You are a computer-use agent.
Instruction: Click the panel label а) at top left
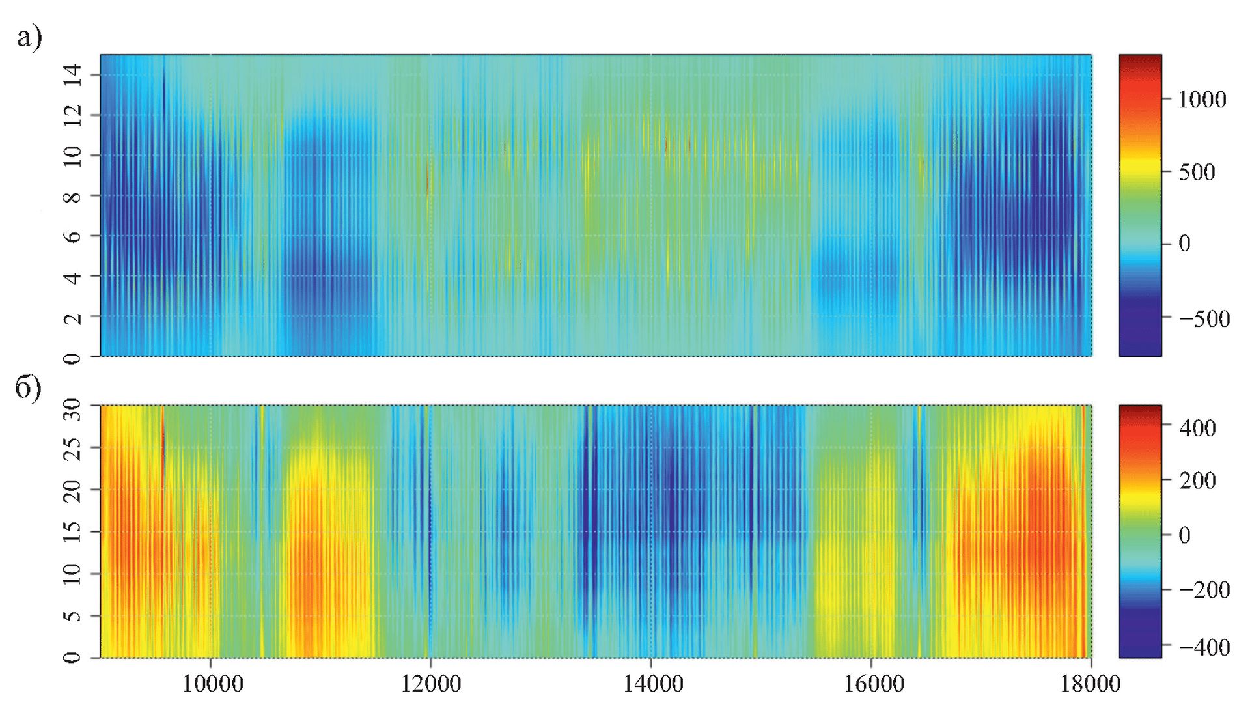tap(29, 38)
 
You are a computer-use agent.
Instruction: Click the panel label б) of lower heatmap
tap(28, 389)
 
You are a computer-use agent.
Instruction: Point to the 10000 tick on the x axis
tap(212, 684)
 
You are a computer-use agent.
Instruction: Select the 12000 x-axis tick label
tap(430, 684)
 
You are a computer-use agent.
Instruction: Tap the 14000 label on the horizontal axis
tap(652, 684)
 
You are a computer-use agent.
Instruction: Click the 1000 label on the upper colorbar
tap(1201, 100)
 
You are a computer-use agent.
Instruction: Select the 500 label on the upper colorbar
tap(1197, 173)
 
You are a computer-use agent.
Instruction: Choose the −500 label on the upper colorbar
tap(1204, 318)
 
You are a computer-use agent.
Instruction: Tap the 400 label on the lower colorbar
tap(1197, 428)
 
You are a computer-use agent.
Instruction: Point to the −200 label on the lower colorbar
tap(1204, 590)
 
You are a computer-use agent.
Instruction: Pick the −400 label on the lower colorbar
tap(1204, 647)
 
